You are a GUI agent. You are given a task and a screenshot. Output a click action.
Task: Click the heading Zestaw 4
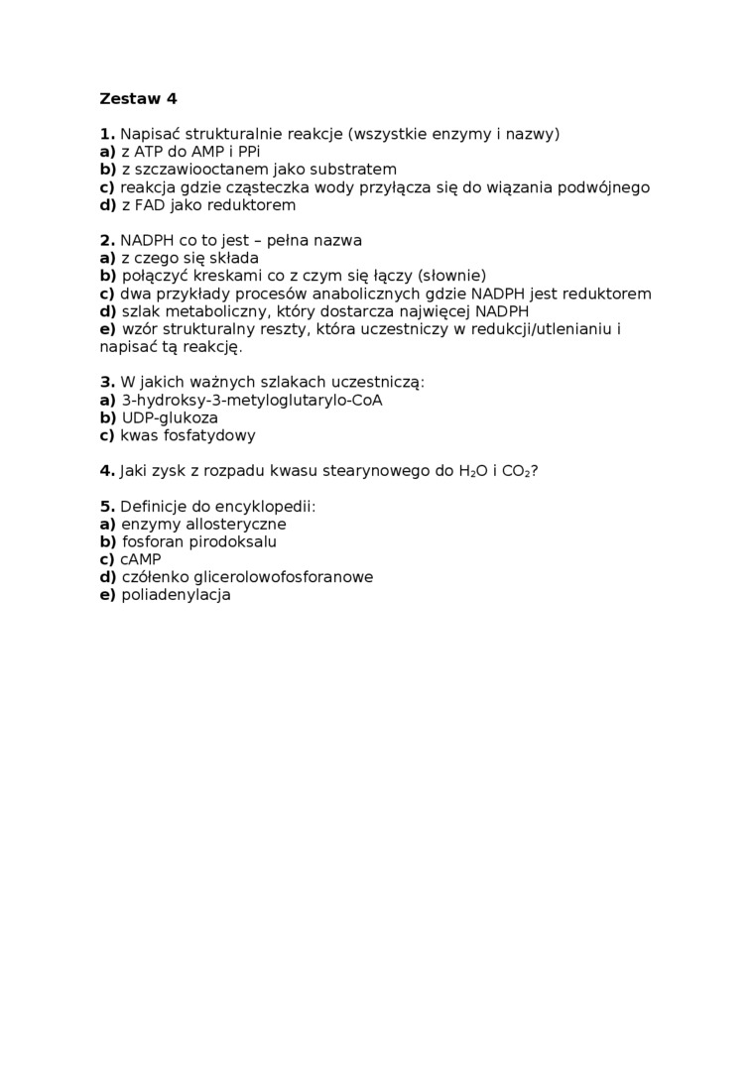click(138, 98)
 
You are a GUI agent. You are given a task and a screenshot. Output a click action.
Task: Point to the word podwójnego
click(608, 187)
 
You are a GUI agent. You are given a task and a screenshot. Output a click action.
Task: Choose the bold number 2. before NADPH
click(107, 241)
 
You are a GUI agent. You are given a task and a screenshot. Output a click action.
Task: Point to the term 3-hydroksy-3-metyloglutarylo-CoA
click(251, 401)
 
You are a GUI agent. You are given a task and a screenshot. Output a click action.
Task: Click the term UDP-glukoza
click(170, 418)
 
